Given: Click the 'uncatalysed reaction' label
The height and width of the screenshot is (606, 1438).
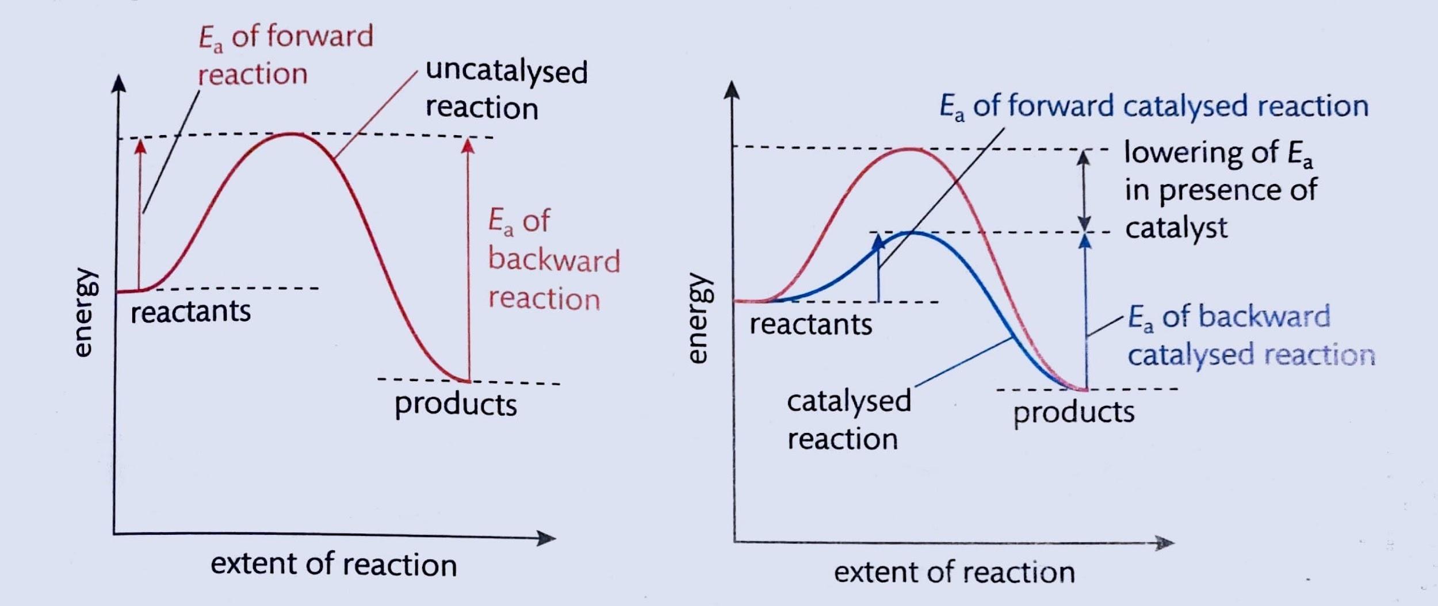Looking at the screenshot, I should pyautogui.click(x=506, y=90).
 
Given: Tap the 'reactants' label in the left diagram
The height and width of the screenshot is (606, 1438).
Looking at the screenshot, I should pyautogui.click(x=190, y=312).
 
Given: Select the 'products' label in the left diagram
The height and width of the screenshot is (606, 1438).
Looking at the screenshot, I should pyautogui.click(x=456, y=404).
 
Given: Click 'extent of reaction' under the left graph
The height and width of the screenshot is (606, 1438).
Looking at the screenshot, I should pyautogui.click(x=334, y=564).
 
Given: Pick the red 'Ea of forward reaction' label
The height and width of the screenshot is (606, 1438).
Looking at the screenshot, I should pyautogui.click(x=285, y=55).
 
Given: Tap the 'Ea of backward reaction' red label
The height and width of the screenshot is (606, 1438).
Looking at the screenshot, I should pyautogui.click(x=553, y=260).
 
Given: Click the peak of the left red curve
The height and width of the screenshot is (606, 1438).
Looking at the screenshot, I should pyautogui.click(x=290, y=134).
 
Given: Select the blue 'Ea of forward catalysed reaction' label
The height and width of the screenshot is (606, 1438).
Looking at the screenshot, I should pyautogui.click(x=1153, y=107).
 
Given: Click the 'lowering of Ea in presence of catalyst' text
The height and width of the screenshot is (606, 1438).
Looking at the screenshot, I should pyautogui.click(x=1219, y=190).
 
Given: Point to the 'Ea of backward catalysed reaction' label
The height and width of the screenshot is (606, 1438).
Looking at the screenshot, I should pyautogui.click(x=1250, y=336).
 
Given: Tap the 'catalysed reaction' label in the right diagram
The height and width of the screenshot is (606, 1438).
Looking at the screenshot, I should pyautogui.click(x=848, y=420).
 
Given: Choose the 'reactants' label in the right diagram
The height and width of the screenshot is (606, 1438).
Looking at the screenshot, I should pyautogui.click(x=810, y=325).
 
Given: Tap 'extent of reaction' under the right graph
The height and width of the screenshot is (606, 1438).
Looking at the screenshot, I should pyautogui.click(x=954, y=573).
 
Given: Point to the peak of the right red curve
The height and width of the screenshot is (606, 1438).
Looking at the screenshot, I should pyautogui.click(x=909, y=149).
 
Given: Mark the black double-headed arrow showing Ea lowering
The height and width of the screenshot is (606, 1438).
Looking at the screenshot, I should pyautogui.click(x=1084, y=190).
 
